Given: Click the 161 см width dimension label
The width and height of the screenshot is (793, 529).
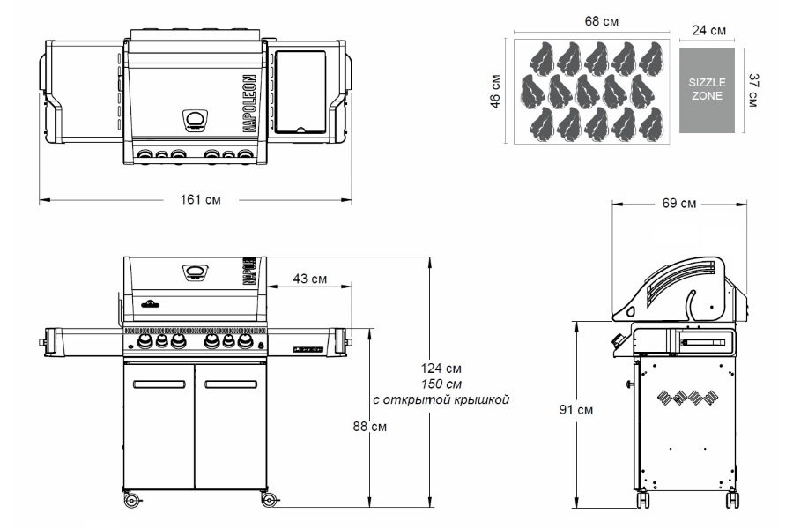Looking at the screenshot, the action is pos(200,199).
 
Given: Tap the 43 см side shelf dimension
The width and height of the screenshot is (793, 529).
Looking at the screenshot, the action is pos(309,279).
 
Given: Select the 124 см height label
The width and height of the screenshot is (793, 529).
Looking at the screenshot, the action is pos(441,368).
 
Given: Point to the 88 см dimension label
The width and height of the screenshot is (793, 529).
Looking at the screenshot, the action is pos(370,427).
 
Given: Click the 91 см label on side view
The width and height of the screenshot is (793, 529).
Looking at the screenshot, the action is pos(576,409).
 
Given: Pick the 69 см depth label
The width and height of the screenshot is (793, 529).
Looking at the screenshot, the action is pos(679,203).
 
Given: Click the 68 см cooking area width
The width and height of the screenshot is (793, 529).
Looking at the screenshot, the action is pos(601,21).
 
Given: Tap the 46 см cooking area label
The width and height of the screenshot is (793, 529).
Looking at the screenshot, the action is pos(495,92).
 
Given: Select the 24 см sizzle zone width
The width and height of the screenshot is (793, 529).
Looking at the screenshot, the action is pos(709,30).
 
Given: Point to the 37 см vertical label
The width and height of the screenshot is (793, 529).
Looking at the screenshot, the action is pos(753,90).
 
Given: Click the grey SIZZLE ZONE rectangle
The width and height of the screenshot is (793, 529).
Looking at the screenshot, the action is pos(707,91).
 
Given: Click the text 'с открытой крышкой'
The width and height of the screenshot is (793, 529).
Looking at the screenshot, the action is pos(441,399).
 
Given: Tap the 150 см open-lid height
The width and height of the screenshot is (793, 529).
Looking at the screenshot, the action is pos(441,384).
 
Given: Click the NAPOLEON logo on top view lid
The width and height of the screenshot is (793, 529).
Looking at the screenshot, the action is pos(249,104).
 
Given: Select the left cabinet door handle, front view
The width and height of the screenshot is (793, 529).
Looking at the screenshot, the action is pos(159,384).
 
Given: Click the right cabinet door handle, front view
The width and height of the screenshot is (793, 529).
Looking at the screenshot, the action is pos(231,384).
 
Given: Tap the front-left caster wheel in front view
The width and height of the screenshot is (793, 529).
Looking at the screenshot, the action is pos(131,500).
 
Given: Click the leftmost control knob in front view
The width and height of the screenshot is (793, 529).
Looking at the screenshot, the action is pos(145,341).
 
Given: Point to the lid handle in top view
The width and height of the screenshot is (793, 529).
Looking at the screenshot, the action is pos(195,120).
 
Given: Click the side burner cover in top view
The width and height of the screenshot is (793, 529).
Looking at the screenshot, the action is pos(300,92).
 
